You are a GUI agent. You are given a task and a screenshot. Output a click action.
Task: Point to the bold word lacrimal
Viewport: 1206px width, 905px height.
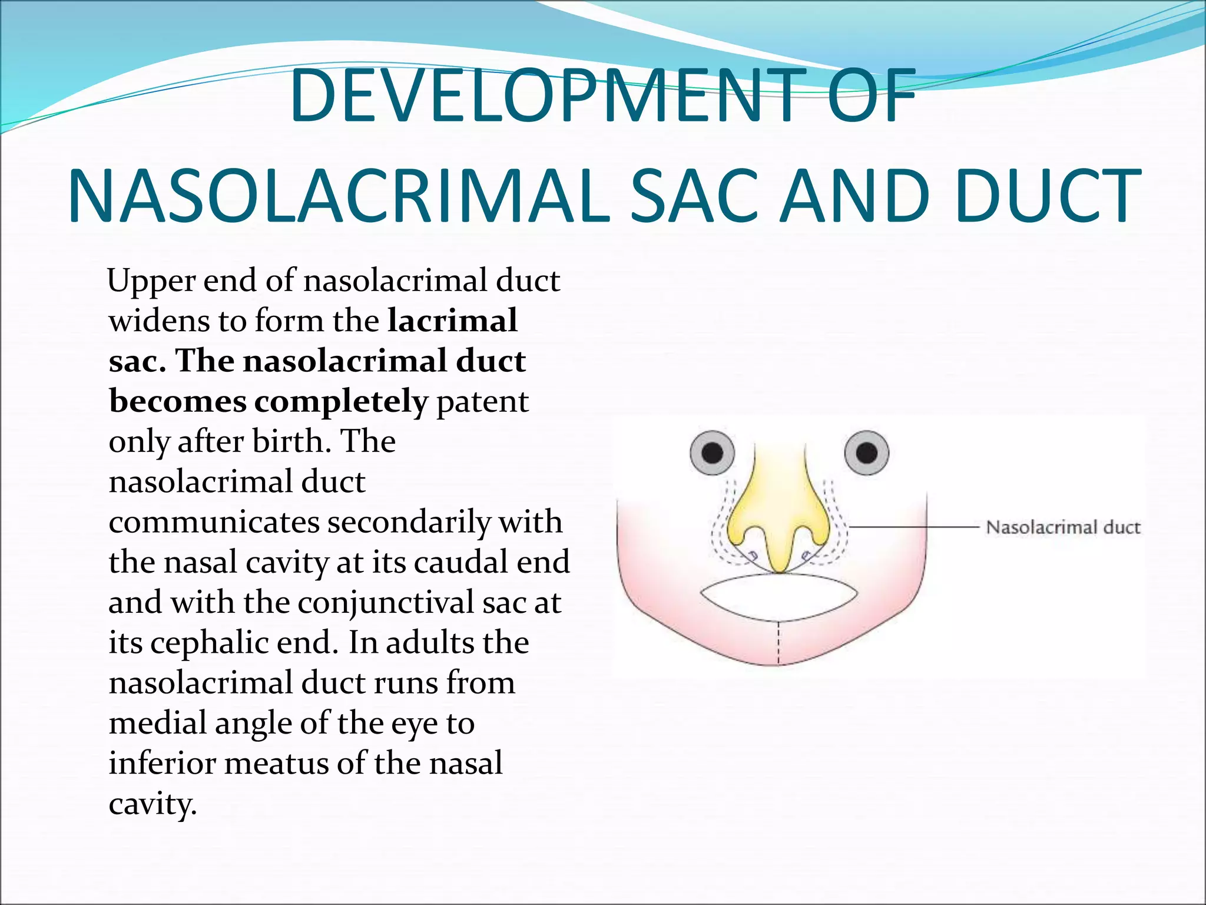452,321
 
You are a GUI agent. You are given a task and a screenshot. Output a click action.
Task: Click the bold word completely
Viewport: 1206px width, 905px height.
341,402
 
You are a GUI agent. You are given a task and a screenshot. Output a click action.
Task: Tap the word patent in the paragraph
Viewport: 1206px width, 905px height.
482,402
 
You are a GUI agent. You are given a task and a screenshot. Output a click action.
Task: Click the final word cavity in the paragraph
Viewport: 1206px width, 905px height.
151,804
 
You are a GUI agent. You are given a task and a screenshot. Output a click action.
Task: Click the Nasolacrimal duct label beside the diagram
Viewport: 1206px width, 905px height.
1063,527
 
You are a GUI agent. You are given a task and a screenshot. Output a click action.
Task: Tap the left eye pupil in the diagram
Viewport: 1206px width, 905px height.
713,452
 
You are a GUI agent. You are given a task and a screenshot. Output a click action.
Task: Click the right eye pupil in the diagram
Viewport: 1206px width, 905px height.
866,452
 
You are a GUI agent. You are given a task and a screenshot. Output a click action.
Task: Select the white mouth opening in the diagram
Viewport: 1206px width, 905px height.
778,597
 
